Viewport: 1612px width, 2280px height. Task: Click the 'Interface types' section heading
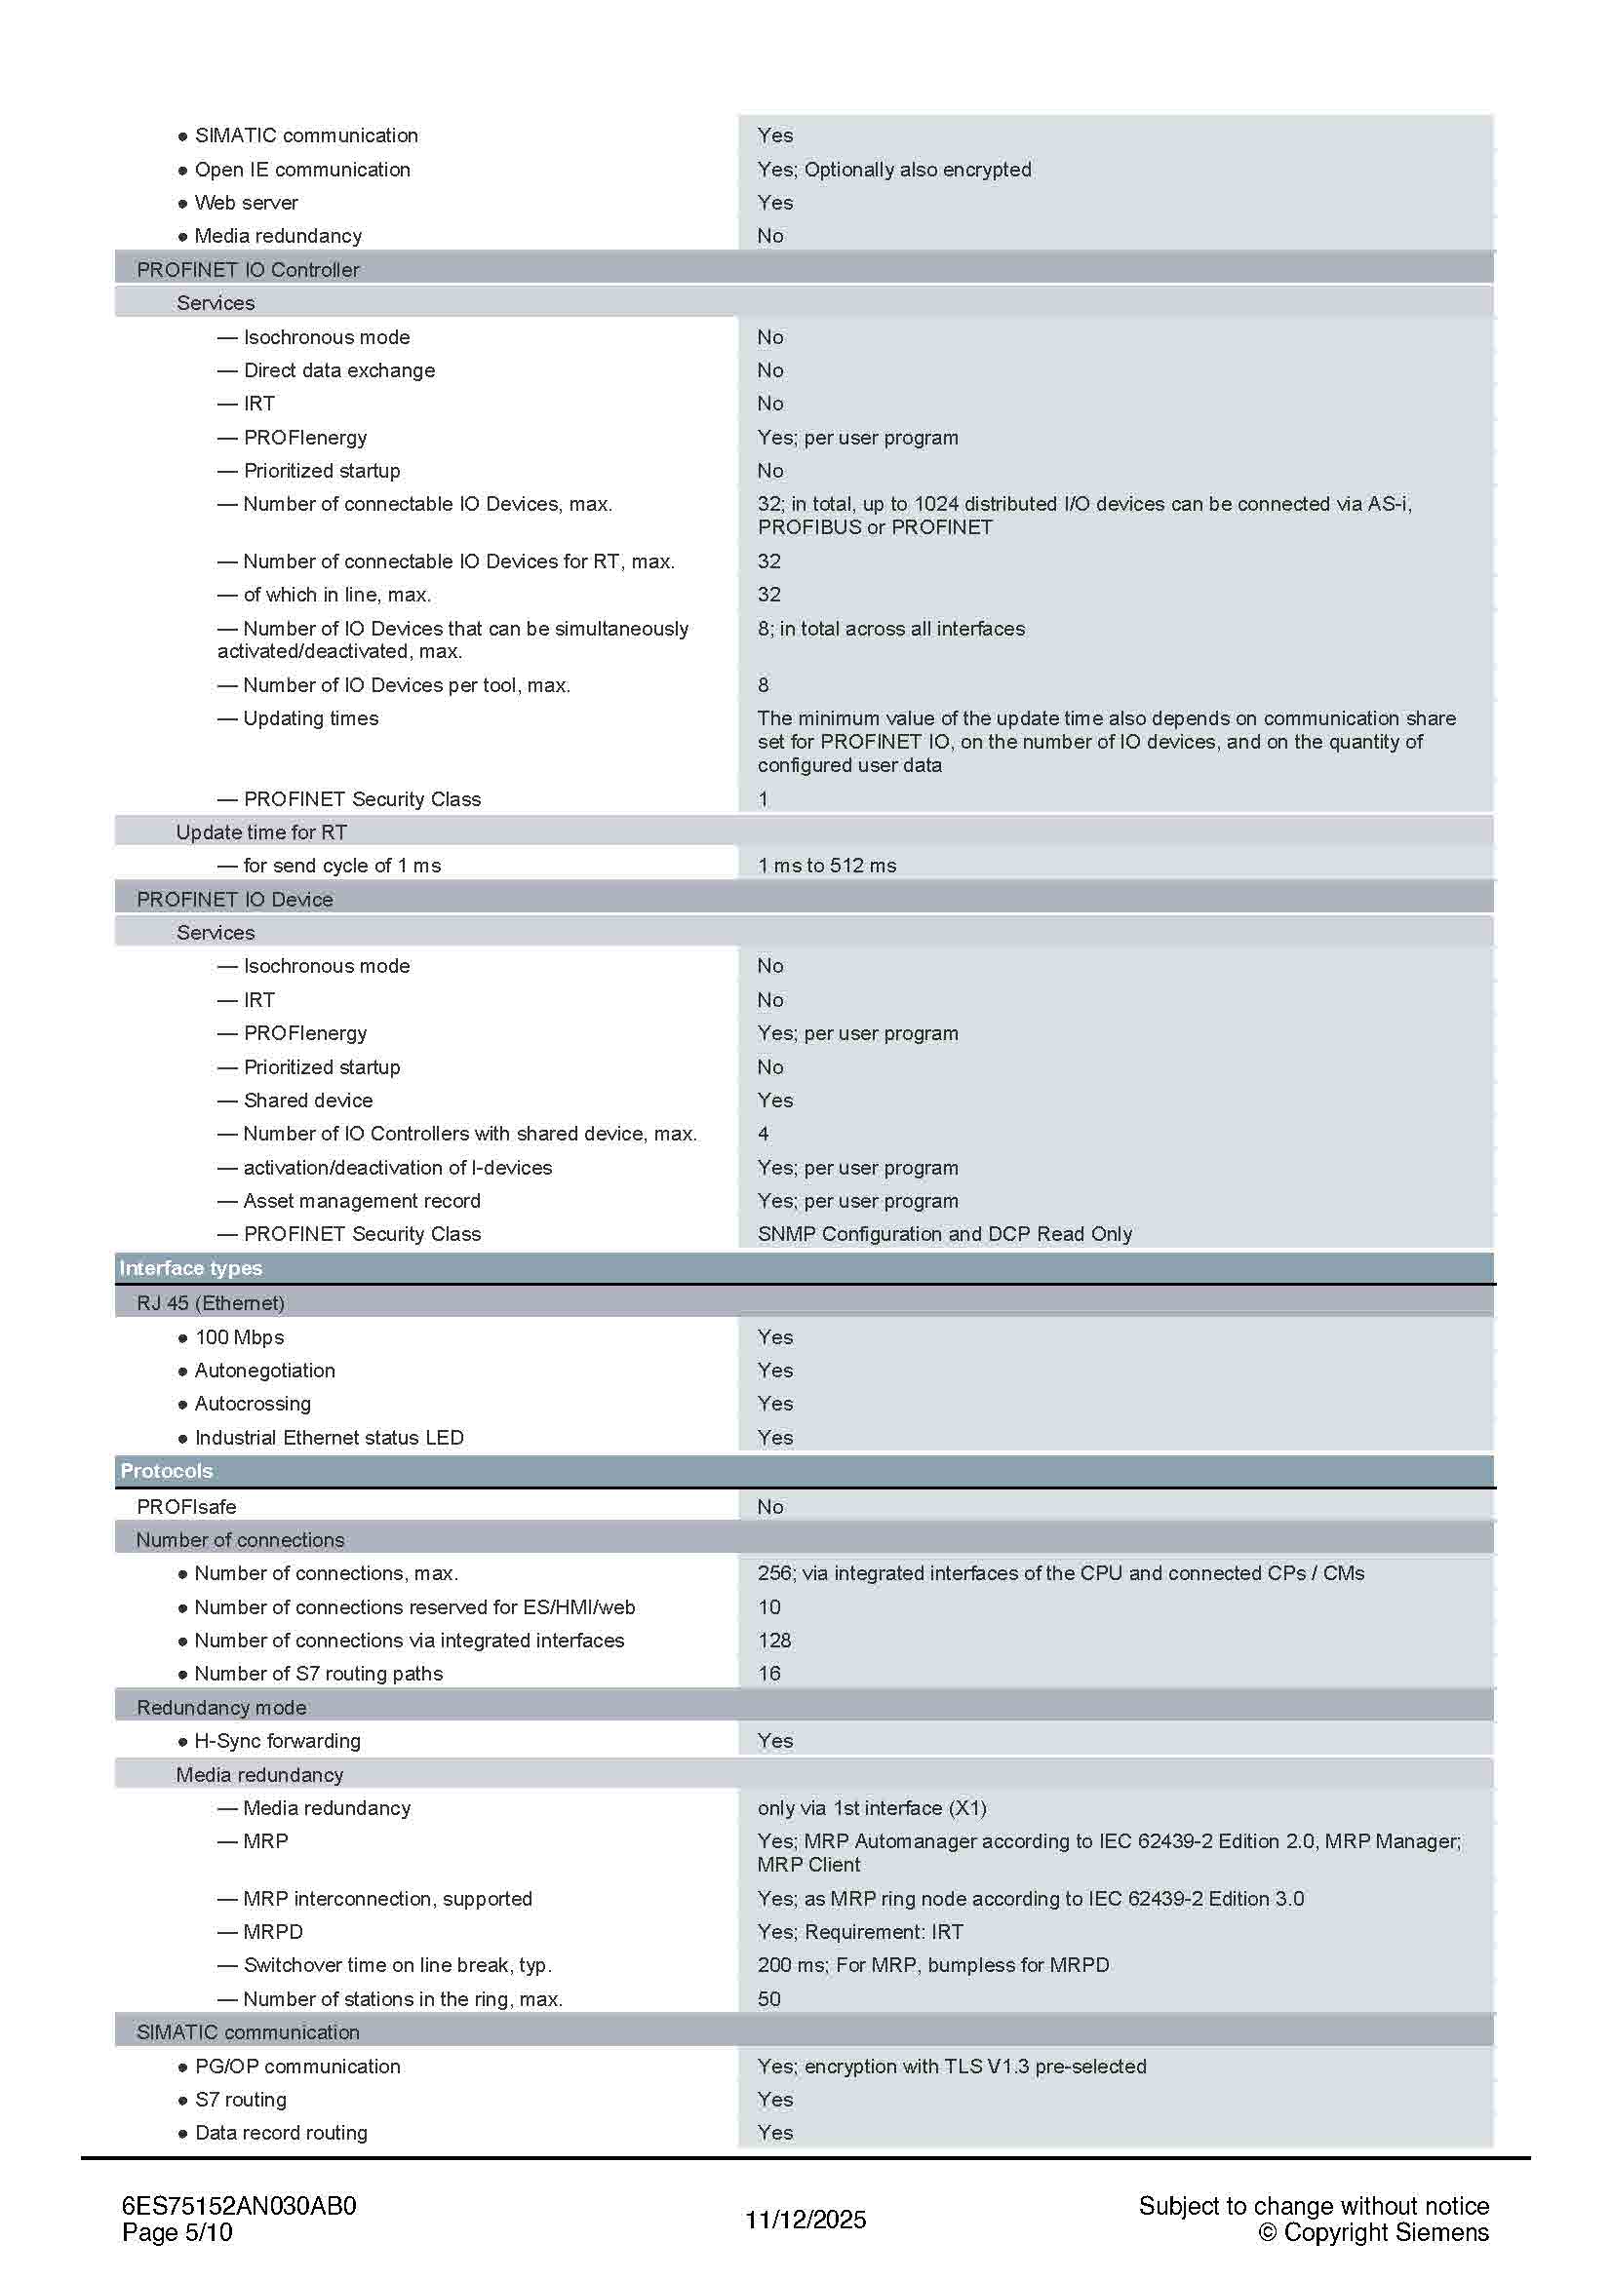(191, 1268)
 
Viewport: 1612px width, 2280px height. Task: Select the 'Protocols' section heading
(167, 1471)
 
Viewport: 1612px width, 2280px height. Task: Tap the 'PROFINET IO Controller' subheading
(249, 269)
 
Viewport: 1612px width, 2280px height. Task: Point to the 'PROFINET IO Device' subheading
(235, 899)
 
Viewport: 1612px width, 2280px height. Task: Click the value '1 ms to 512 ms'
(826, 865)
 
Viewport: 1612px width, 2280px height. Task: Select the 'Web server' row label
(247, 203)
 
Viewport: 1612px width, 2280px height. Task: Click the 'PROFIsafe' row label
(186, 1506)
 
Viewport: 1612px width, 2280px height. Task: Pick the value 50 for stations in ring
(768, 1999)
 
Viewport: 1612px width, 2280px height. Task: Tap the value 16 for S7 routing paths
(768, 1674)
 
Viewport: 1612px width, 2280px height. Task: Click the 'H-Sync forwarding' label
(277, 1741)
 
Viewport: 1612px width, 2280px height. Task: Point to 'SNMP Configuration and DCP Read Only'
(945, 1233)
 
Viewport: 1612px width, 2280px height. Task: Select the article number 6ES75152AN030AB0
(239, 2206)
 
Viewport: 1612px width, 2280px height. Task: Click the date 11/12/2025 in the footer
(806, 2220)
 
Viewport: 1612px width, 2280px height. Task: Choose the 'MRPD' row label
(273, 1931)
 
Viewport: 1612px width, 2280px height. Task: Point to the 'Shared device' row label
(308, 1101)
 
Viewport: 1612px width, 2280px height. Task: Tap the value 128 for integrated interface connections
(774, 1641)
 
